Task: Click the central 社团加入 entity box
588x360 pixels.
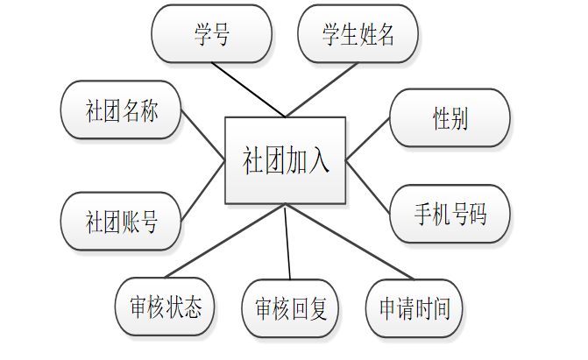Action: (x=286, y=160)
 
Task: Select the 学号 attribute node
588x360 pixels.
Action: (x=211, y=34)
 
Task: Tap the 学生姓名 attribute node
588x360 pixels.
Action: (x=358, y=34)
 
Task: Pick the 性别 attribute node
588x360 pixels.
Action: (x=450, y=118)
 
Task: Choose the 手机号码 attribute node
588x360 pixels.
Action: (x=450, y=214)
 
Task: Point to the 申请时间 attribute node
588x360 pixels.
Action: (x=414, y=307)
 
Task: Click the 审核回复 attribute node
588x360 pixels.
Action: (x=290, y=308)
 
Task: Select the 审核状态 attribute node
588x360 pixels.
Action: (x=165, y=307)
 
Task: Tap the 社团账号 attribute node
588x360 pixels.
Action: (x=121, y=222)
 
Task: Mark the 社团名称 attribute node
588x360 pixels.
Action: (x=121, y=110)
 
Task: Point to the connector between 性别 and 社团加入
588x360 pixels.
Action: (x=369, y=138)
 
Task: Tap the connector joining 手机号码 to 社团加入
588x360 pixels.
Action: (x=368, y=186)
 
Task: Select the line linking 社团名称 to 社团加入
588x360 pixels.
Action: (x=202, y=136)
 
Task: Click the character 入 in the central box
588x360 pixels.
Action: (x=318, y=161)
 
